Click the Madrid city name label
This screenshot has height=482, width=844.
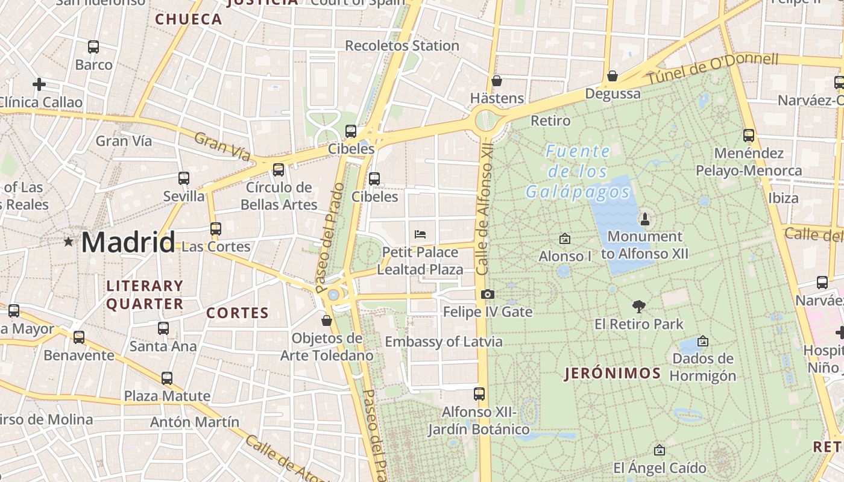[128, 242]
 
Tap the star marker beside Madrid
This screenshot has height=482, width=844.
[69, 242]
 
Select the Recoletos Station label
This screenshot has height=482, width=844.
[402, 46]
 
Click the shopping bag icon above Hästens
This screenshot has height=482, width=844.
[497, 81]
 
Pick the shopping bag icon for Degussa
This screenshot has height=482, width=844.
[613, 76]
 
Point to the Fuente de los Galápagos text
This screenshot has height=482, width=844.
[578, 172]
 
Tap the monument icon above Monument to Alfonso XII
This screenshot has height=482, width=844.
[644, 219]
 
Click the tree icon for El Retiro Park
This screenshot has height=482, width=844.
[638, 307]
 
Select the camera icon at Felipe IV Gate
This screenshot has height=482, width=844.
[488, 295]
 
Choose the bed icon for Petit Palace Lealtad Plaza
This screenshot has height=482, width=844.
[420, 234]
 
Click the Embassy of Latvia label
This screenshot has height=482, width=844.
[444, 342]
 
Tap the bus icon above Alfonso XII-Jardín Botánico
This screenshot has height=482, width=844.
[479, 394]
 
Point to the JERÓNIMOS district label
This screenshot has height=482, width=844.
[613, 374]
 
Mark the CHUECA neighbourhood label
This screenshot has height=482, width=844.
[189, 19]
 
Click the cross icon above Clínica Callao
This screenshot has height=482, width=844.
[39, 84]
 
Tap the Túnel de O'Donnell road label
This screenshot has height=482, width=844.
[713, 68]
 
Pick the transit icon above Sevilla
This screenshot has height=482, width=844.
[184, 178]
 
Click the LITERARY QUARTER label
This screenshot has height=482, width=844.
[145, 295]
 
